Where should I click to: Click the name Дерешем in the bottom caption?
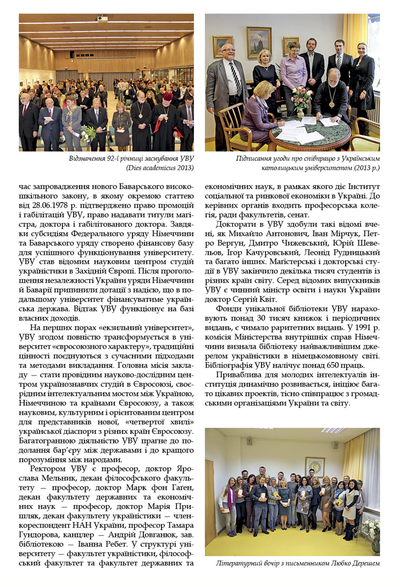[x=361, y=563]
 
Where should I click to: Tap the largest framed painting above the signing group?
[x=259, y=42]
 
